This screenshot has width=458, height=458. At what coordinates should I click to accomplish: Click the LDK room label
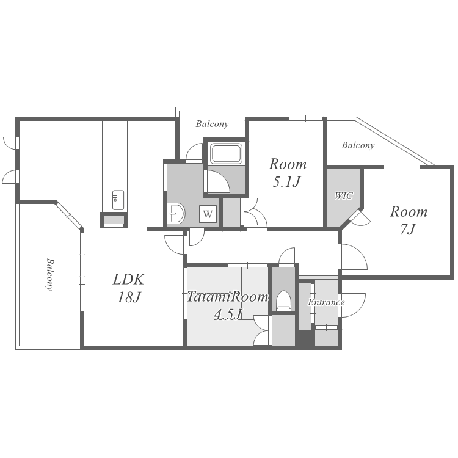pyautogui.click(x=128, y=279)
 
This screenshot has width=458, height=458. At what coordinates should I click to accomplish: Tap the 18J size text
pyautogui.click(x=129, y=297)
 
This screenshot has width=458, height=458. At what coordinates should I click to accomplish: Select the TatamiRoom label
pyautogui.click(x=227, y=297)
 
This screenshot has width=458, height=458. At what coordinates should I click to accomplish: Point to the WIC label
pyautogui.click(x=343, y=195)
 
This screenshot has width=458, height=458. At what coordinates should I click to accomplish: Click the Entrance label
pyautogui.click(x=326, y=302)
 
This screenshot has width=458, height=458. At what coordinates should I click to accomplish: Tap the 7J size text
pyautogui.click(x=407, y=230)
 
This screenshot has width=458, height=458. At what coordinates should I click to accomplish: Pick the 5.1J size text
pyautogui.click(x=286, y=182)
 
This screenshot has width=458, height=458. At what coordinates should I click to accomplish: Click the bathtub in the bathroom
pyautogui.click(x=227, y=154)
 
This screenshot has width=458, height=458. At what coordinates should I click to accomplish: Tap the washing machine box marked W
pyautogui.click(x=208, y=214)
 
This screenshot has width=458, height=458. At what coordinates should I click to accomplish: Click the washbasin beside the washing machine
pyautogui.click(x=176, y=214)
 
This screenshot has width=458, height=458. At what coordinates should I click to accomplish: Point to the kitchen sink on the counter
pyautogui.click(x=118, y=200)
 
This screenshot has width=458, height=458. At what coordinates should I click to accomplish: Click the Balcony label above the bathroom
pyautogui.click(x=212, y=124)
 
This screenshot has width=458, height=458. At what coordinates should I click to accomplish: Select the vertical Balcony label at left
pyautogui.click(x=50, y=274)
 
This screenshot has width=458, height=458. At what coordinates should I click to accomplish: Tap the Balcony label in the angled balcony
pyautogui.click(x=358, y=145)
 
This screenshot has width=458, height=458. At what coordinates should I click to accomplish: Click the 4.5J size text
pyautogui.click(x=228, y=314)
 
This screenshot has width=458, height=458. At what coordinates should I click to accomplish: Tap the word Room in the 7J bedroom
pyautogui.click(x=409, y=212)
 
